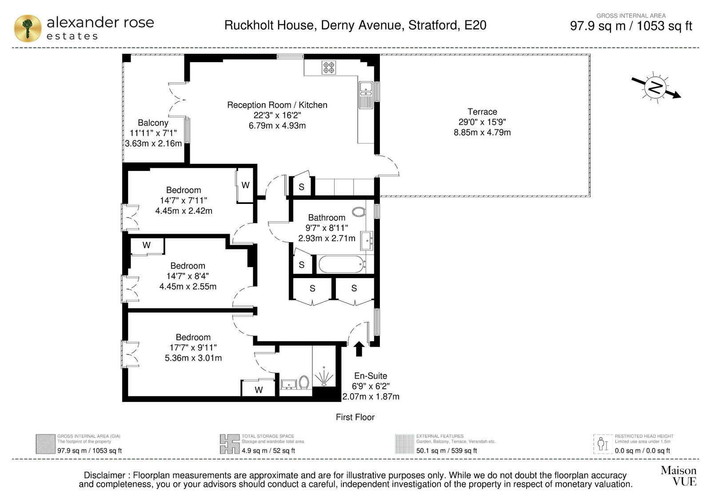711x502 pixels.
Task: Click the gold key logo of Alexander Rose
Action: (x=28, y=28)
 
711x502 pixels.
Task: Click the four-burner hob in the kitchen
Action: (x=328, y=67)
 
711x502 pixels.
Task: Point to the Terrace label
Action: (x=482, y=112)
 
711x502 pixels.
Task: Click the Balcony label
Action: (x=153, y=123)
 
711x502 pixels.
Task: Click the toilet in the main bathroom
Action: (x=359, y=211)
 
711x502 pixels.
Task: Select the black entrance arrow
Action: (x=359, y=349)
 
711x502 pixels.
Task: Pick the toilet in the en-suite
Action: (x=304, y=382)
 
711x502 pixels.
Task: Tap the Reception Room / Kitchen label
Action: (x=277, y=105)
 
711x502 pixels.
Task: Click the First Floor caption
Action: (x=355, y=417)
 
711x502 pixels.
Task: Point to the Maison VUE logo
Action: (x=679, y=476)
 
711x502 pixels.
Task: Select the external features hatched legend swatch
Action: (x=404, y=444)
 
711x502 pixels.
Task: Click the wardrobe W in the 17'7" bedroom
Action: (x=259, y=390)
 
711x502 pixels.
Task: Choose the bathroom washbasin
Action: (x=367, y=241)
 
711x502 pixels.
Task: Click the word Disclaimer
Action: (x=104, y=475)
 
